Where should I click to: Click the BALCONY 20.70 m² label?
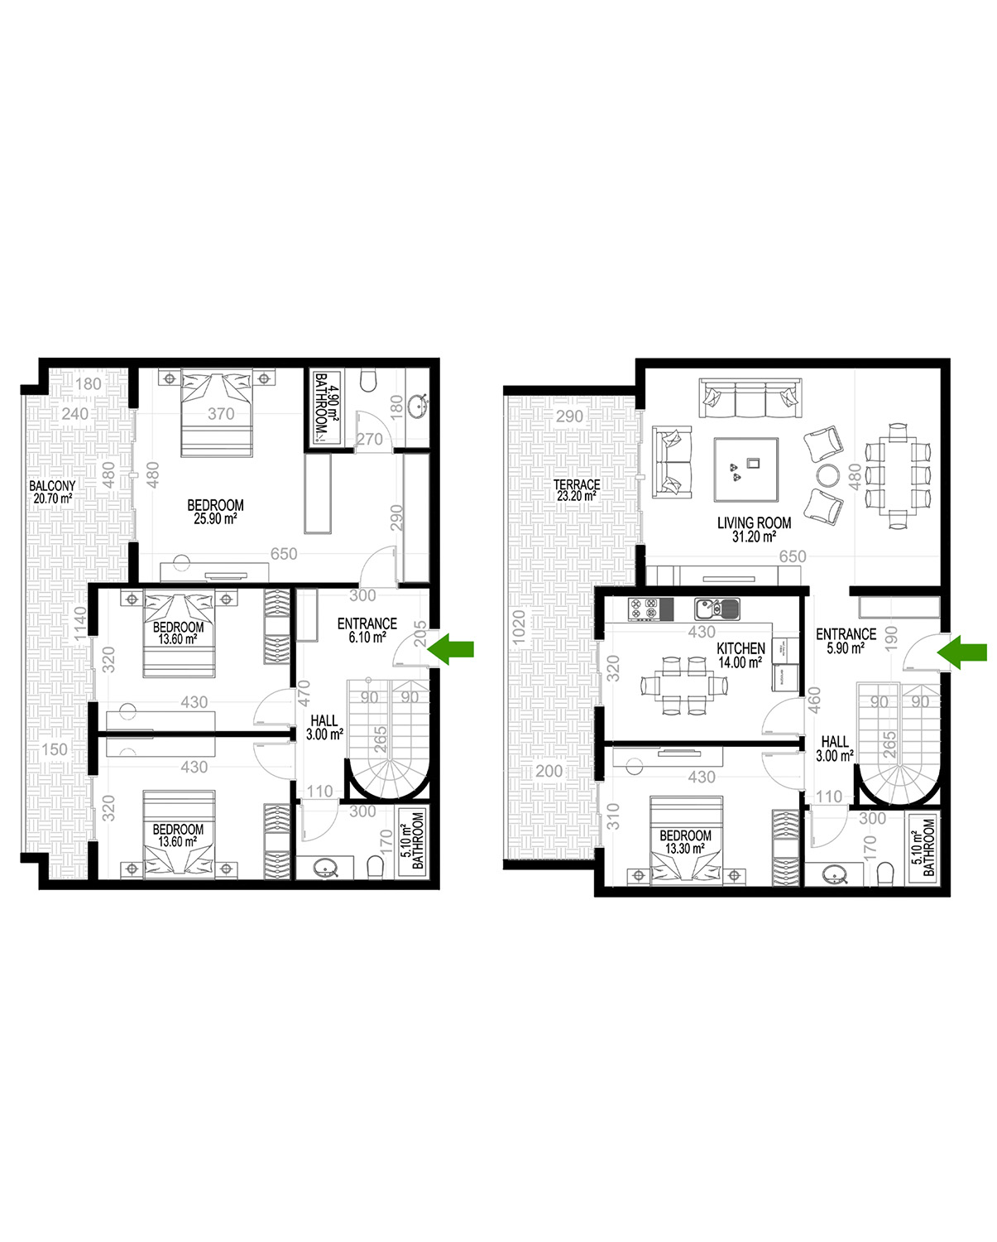(52, 492)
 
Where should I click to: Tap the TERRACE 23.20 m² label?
(577, 490)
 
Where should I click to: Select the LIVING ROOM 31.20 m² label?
(754, 529)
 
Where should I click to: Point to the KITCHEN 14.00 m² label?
(741, 656)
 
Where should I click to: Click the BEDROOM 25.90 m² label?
(215, 512)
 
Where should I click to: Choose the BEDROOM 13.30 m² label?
(685, 841)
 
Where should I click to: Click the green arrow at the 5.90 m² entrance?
(961, 652)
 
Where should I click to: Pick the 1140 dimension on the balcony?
(80, 624)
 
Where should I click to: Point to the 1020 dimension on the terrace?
(519, 628)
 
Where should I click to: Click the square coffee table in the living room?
(746, 469)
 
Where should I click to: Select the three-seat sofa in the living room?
(750, 397)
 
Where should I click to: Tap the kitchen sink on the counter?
(717, 609)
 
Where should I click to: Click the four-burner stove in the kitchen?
(644, 609)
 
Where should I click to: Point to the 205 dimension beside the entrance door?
(420, 634)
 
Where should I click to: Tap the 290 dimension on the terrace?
(569, 416)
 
